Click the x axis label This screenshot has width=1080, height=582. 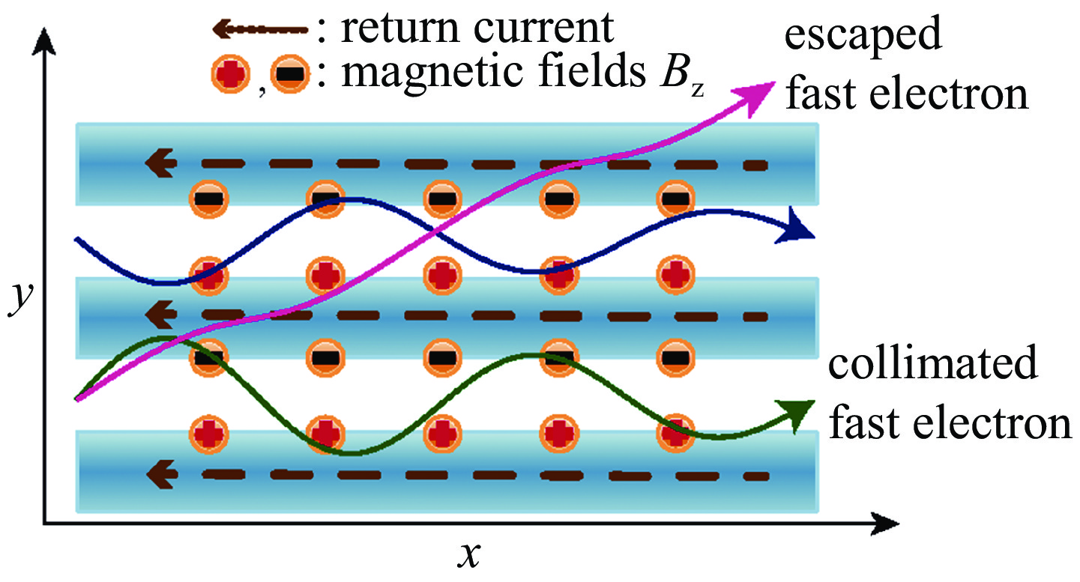(x=467, y=555)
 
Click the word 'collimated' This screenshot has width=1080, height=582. (x=932, y=366)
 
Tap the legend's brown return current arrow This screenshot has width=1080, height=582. (x=259, y=29)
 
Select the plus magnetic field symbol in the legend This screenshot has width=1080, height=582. (x=230, y=74)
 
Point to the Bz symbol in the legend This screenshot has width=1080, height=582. (x=686, y=76)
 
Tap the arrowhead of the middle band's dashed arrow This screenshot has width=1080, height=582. (x=160, y=315)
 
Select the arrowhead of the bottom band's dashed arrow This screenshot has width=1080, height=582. (x=160, y=473)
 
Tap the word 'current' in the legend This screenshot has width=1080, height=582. (x=540, y=29)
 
